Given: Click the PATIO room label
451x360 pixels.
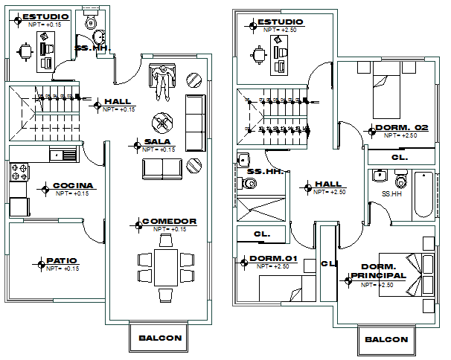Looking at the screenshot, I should pyautogui.click(x=62, y=260).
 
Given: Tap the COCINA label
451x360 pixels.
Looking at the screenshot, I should pyautogui.click(x=73, y=185).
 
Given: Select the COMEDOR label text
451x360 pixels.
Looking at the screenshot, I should pyautogui.click(x=169, y=221).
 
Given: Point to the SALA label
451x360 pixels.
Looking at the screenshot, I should pyautogui.click(x=159, y=141).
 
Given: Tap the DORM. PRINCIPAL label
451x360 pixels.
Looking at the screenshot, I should pyautogui.click(x=383, y=271).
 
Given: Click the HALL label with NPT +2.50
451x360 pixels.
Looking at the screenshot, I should pyautogui.click(x=328, y=184).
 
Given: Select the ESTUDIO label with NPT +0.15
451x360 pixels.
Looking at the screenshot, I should pyautogui.click(x=46, y=16).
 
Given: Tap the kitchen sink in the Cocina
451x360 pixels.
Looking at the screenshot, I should pyautogui.click(x=63, y=155).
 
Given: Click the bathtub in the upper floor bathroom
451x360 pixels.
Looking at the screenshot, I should pyautogui.click(x=423, y=194).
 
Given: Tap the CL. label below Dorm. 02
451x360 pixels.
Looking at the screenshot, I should pyautogui.click(x=399, y=158).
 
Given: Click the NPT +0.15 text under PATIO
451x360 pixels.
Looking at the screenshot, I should pyautogui.click(x=62, y=268).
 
